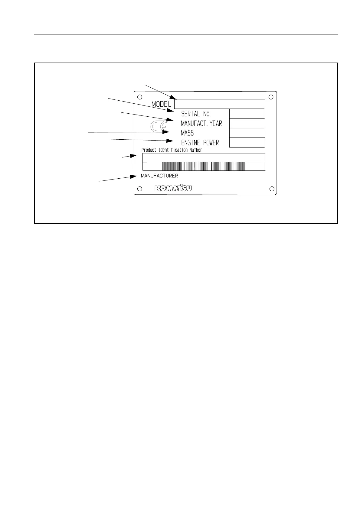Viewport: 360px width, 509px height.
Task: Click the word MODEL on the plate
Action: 162,104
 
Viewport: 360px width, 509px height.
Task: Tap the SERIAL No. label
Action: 196,114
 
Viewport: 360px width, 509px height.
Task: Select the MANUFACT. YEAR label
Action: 201,123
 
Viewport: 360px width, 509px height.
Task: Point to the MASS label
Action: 187,133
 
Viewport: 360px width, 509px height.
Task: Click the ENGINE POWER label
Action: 200,143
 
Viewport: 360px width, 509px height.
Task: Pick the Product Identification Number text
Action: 172,150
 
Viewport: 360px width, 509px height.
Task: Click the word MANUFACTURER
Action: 159,176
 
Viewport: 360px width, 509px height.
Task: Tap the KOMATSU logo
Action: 173,189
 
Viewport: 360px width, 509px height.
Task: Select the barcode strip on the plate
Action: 204,166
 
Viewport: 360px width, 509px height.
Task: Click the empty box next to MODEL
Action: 219,104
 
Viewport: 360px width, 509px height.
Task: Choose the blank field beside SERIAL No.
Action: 247,114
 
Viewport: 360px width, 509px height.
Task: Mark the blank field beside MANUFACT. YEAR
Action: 247,123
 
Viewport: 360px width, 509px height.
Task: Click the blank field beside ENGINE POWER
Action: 247,142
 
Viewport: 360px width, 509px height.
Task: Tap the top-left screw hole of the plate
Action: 139,97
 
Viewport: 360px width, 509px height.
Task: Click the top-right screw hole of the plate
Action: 271,97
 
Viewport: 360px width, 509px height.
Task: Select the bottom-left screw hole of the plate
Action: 139,189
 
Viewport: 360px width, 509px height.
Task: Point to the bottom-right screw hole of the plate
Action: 272,189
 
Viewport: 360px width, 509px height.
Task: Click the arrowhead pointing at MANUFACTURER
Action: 134,176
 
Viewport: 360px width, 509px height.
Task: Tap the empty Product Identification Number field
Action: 204,157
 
